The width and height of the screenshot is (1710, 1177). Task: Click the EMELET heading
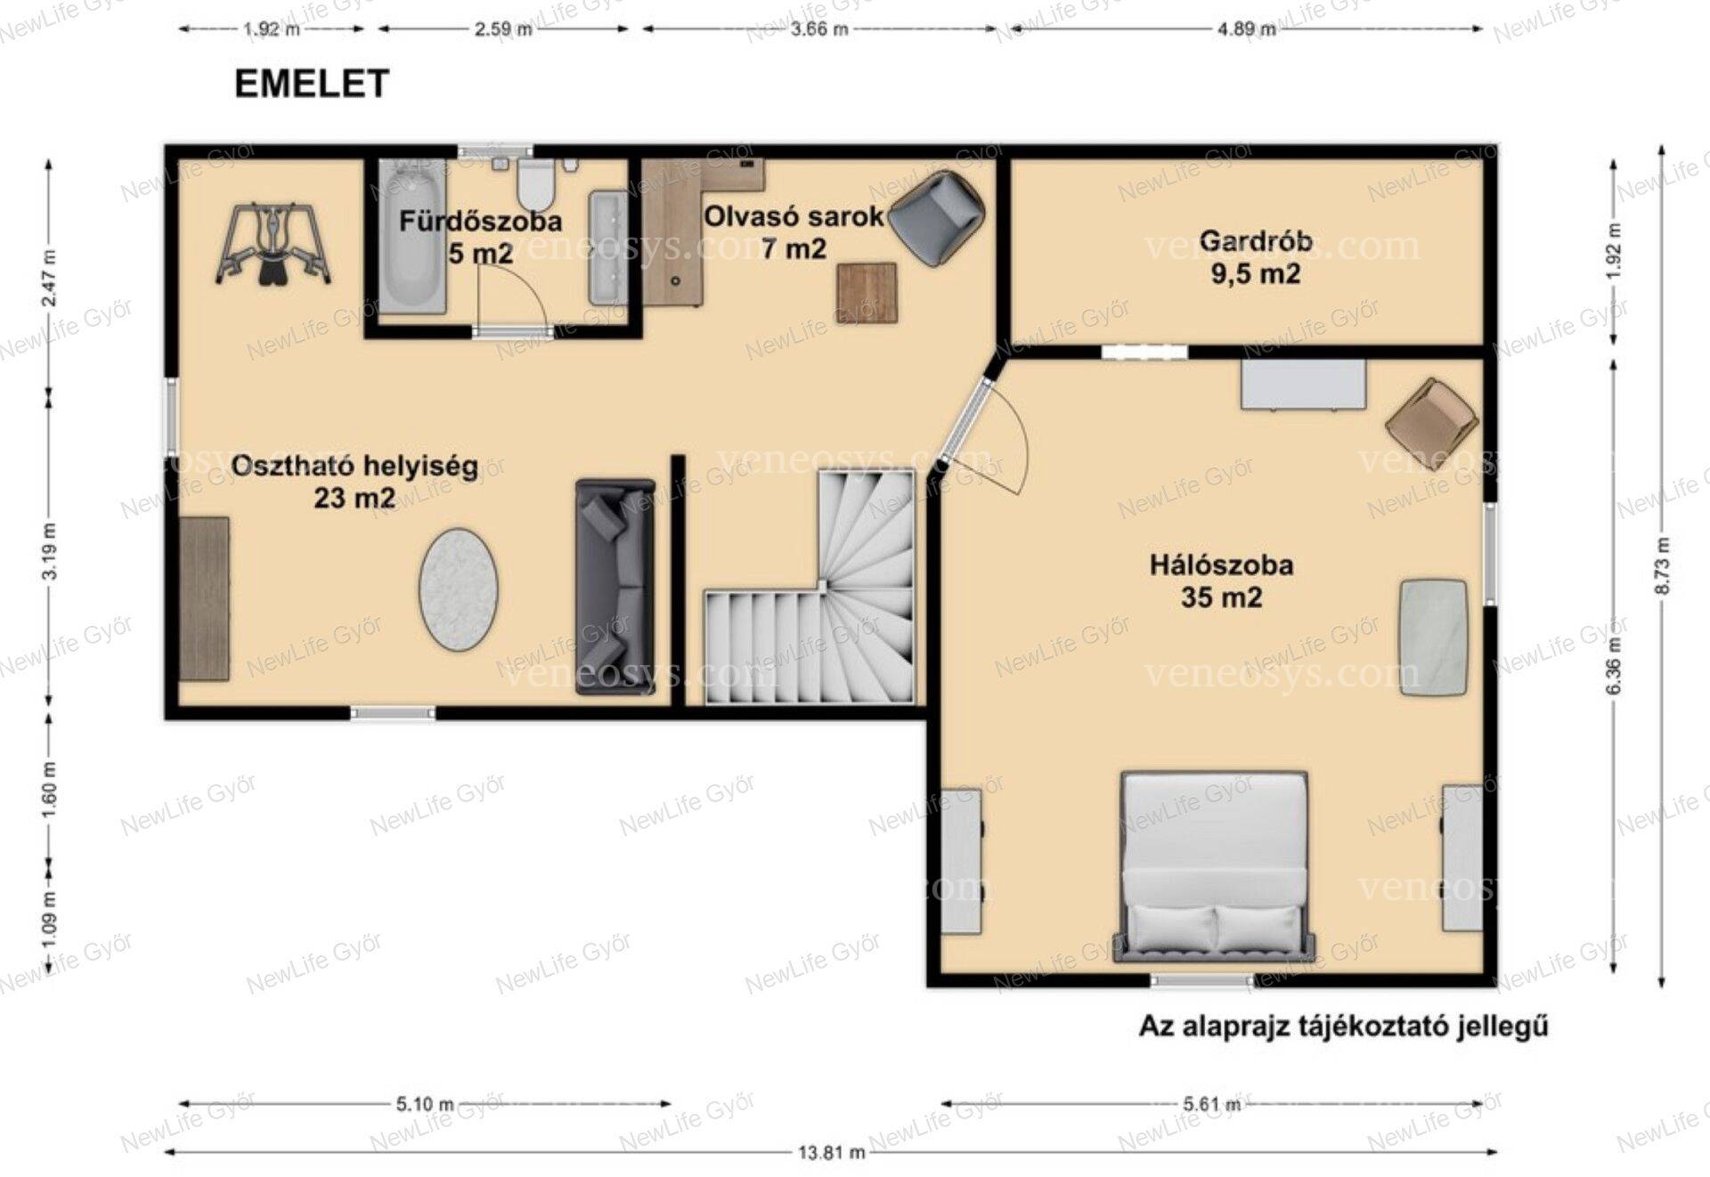click(312, 84)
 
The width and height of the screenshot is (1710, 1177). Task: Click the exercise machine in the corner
click(273, 245)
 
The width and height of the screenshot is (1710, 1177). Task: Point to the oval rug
click(459, 589)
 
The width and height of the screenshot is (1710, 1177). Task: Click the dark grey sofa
click(615, 586)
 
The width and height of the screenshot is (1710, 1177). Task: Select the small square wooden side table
click(867, 293)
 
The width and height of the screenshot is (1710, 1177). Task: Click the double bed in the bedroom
click(1215, 866)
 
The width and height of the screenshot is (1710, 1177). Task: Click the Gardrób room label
click(1255, 256)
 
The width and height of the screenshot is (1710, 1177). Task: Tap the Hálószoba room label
click(1221, 580)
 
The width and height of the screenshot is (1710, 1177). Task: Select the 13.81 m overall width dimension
click(831, 1152)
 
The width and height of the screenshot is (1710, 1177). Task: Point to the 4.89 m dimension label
click(1246, 28)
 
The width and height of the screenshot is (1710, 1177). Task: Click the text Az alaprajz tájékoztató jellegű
click(1344, 1027)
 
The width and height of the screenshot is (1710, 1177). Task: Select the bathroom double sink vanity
click(608, 248)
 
